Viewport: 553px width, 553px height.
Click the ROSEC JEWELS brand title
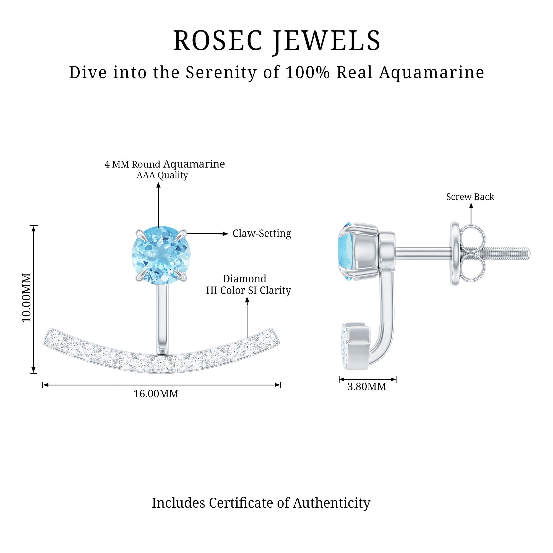(276, 41)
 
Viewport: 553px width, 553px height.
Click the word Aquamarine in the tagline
(432, 73)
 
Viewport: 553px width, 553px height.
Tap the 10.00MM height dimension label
(27, 298)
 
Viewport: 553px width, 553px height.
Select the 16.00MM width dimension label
(156, 394)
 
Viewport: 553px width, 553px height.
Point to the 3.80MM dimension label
(367, 387)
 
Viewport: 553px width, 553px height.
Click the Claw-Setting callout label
(262, 234)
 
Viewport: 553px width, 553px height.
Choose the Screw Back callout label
(470, 197)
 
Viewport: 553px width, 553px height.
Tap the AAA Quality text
(162, 175)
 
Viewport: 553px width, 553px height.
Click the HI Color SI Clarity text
(249, 291)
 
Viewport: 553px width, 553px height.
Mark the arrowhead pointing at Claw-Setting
(226, 234)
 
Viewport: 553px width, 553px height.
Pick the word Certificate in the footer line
(242, 503)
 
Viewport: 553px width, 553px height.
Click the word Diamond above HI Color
(244, 279)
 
